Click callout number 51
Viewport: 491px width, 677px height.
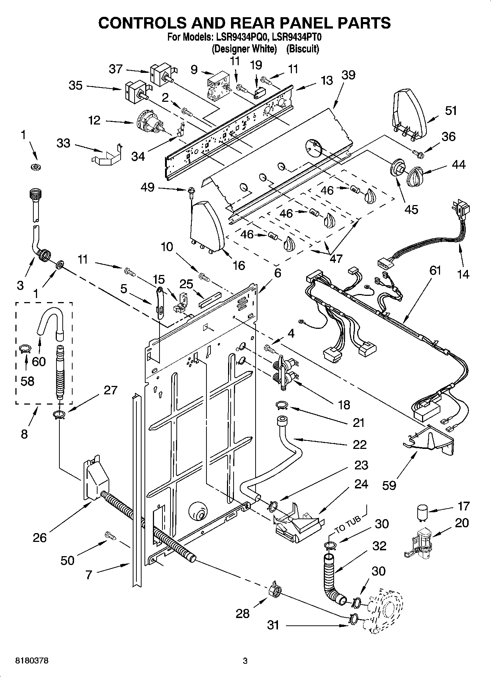pyautogui.click(x=451, y=110)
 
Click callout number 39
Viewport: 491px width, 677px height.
pyautogui.click(x=348, y=75)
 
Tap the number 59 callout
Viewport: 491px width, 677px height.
pyautogui.click(x=389, y=485)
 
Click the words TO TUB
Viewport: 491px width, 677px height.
pyautogui.click(x=349, y=524)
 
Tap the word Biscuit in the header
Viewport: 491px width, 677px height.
pyautogui.click(x=303, y=48)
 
